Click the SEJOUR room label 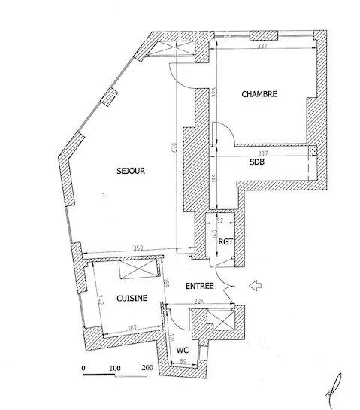(130, 171)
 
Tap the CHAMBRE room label (259, 94)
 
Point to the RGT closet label (225, 241)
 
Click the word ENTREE (219, 286)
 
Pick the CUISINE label (132, 299)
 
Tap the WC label (183, 351)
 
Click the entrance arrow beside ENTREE (254, 285)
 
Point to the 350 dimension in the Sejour (137, 247)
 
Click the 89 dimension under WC (183, 362)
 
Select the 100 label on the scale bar (116, 368)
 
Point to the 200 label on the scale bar (147, 368)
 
